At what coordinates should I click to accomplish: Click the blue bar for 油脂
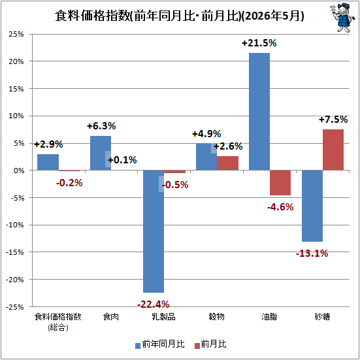259,112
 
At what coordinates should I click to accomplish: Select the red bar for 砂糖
333,150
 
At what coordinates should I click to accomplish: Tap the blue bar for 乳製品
154,231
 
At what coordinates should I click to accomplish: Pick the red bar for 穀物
227,163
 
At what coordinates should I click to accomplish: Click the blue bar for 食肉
101,153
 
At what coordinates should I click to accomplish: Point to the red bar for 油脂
280,183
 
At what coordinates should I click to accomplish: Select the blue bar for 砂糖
312,206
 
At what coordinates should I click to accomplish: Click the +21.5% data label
259,43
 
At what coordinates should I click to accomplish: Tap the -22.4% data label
153,304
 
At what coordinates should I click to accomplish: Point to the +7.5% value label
333,120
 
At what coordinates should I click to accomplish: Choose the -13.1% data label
312,254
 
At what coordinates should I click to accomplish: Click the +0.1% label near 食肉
122,160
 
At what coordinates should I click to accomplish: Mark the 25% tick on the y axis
16,34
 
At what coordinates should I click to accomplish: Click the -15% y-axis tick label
15,252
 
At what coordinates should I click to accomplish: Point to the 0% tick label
19,171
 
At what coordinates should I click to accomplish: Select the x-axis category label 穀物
216,317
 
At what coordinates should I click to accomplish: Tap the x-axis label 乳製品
164,317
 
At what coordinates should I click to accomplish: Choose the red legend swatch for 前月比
197,346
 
